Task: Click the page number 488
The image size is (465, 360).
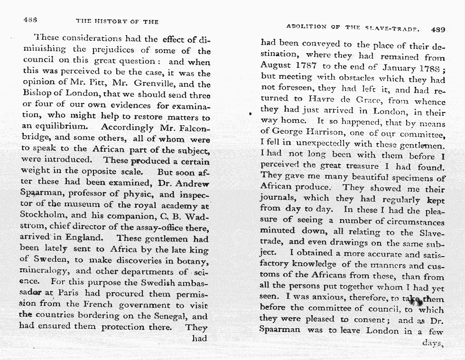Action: pos(30,20)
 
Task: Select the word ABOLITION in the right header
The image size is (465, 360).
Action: pos(307,27)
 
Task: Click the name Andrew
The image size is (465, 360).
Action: pos(195,183)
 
